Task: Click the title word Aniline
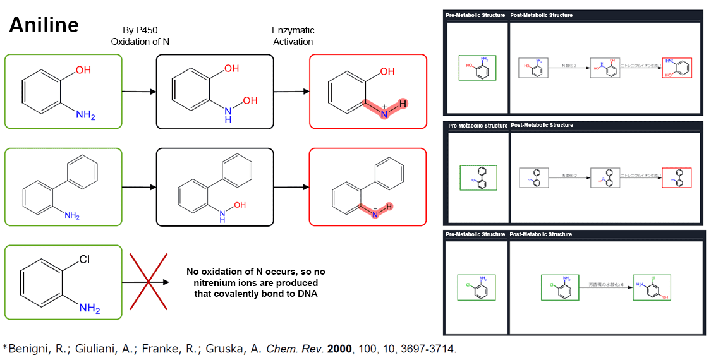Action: click(x=44, y=25)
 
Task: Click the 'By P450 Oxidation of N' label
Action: click(x=140, y=36)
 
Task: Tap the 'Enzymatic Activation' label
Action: click(x=293, y=36)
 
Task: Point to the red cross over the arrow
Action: click(x=149, y=282)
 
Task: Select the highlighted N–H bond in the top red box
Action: click(x=393, y=109)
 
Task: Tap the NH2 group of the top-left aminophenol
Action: click(x=85, y=115)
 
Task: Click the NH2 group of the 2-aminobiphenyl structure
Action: click(x=71, y=216)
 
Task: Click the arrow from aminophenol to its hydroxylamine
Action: click(x=139, y=92)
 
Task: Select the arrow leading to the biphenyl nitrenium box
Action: click(x=291, y=187)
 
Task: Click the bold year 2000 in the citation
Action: click(x=339, y=348)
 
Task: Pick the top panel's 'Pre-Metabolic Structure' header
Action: click(x=475, y=15)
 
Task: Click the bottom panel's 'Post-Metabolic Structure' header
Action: click(x=542, y=234)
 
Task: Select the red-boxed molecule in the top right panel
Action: click(x=677, y=68)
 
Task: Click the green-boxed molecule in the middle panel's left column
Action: click(x=478, y=177)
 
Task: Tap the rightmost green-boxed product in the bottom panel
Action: click(x=652, y=288)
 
